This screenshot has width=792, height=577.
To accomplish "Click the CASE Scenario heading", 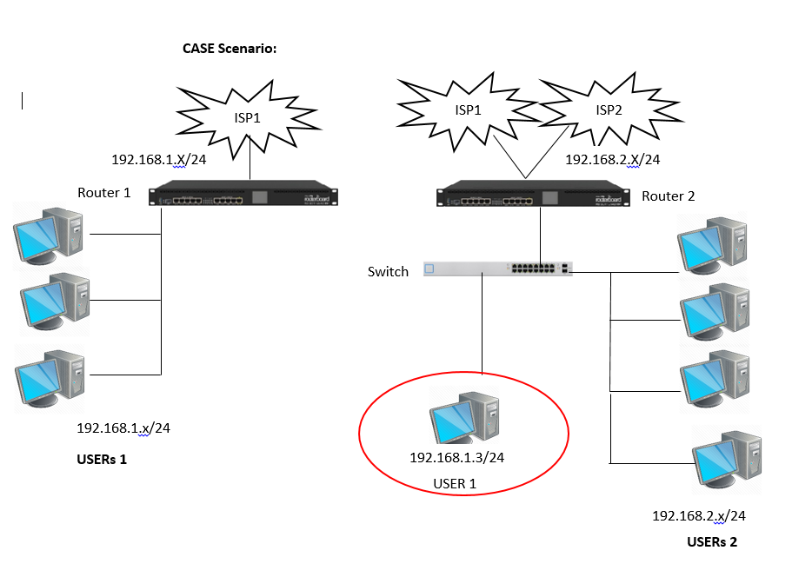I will coord(229,49).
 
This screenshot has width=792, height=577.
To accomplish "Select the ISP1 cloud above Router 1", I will coord(248,117).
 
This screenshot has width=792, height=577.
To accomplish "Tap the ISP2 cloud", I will coord(609,110).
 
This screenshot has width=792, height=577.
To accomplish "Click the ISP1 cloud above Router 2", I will coord(468,110).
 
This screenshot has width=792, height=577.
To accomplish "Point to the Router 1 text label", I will coord(104,193).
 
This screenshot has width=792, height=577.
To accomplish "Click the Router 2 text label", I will coord(668,196).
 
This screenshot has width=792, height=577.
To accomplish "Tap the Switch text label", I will coord(388,272).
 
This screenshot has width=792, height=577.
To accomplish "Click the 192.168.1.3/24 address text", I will coord(457,458).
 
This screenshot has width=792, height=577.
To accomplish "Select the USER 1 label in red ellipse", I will coord(455,483).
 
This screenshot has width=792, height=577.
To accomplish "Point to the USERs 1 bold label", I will coord(102,459).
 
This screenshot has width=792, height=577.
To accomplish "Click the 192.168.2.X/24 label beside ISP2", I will coord(612,160).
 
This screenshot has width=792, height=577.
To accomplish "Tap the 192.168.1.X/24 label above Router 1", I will coord(158,160).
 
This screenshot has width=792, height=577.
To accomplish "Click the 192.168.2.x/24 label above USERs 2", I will coord(699,516).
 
